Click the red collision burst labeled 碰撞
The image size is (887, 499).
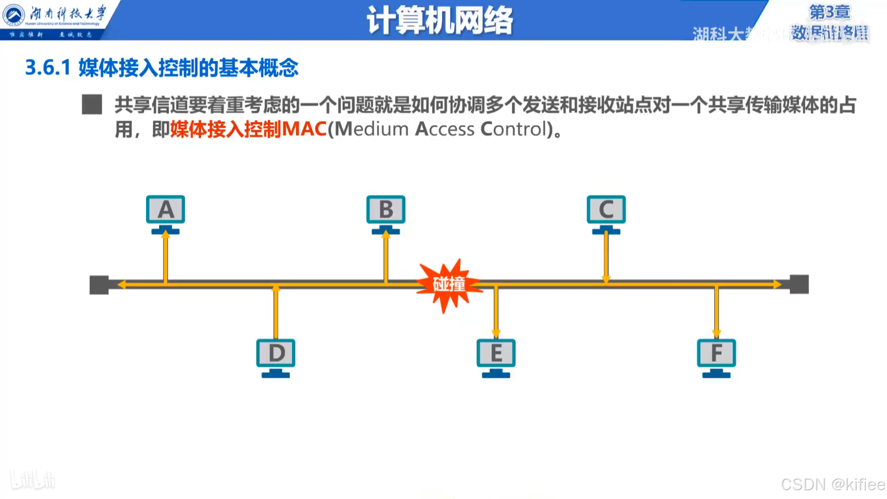click(449, 285)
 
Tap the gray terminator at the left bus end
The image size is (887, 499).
click(99, 285)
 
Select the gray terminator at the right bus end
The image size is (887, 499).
click(799, 284)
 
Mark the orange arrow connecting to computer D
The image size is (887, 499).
click(276, 312)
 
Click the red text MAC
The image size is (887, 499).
click(304, 129)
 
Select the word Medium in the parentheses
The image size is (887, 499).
click(372, 129)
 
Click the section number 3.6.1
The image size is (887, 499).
click(48, 68)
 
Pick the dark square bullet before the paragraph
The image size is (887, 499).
click(92, 104)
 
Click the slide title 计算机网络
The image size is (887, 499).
click(440, 21)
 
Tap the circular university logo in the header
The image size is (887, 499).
click(13, 15)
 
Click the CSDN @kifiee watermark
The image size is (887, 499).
click(832, 484)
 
